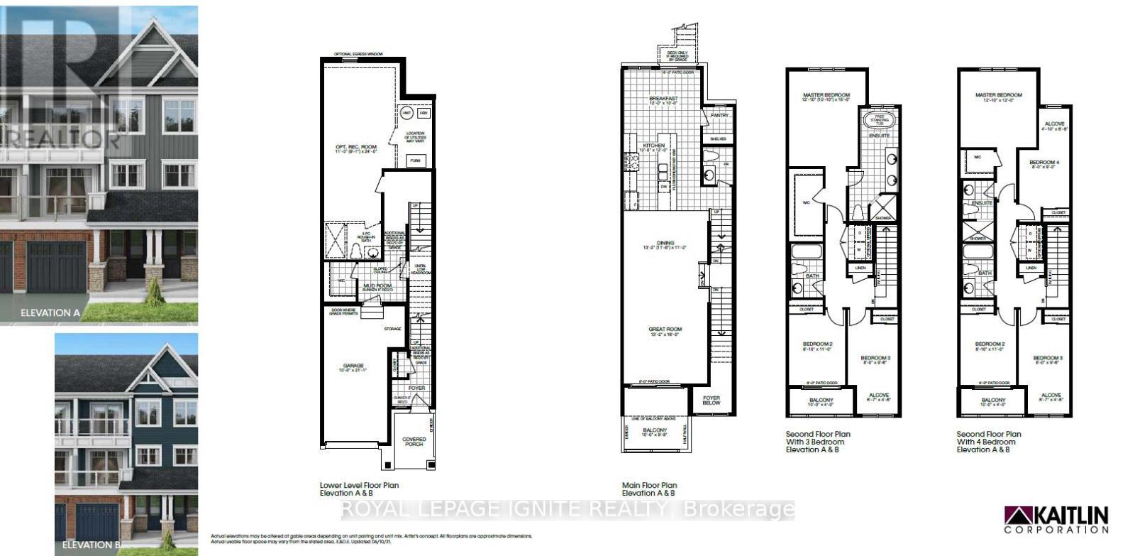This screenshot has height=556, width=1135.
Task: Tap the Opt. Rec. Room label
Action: (x=353, y=148)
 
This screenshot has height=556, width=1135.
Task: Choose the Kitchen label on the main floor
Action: (x=653, y=146)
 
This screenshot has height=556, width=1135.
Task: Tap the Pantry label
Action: (x=720, y=115)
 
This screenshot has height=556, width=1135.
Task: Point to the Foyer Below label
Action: (x=711, y=400)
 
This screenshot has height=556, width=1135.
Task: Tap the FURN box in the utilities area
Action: (x=415, y=161)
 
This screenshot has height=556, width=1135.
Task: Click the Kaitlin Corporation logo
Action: (x=1056, y=519)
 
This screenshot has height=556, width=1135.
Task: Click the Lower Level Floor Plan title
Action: (x=359, y=489)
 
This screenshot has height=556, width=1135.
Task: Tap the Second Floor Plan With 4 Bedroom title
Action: (x=989, y=442)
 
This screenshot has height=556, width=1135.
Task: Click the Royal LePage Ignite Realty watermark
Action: (x=567, y=509)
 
